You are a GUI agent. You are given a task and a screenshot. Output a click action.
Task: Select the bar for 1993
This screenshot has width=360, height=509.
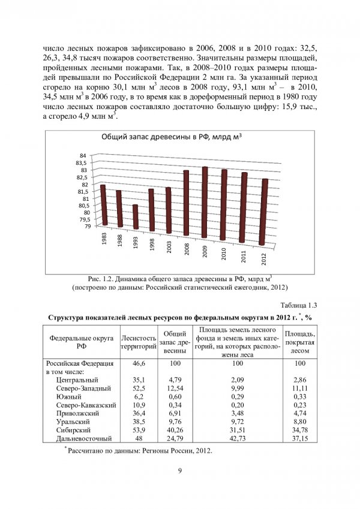[x=136, y=216]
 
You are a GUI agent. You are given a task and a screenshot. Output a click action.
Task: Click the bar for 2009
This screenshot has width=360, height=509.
[x=205, y=203]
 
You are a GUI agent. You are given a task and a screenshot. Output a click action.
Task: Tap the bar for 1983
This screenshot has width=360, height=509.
[x=103, y=205]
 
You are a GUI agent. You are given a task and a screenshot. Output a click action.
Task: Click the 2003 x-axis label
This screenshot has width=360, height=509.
[x=170, y=247]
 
